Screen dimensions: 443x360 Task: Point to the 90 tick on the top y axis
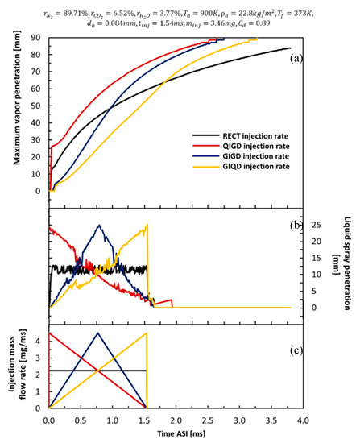point(37,37)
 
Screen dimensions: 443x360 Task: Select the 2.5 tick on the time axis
point(208,420)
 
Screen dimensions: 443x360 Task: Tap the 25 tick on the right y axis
point(318,225)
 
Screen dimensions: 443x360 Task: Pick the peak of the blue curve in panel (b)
point(99,226)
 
